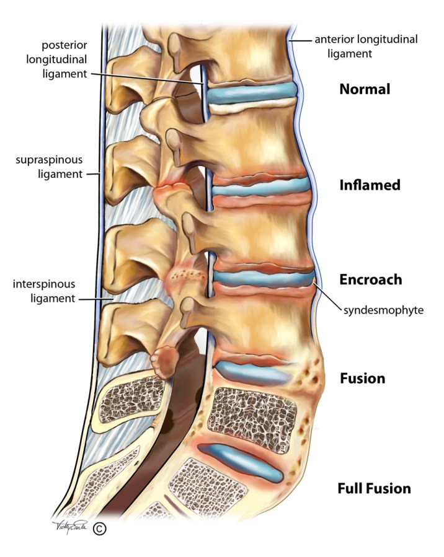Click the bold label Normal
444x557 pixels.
click(365, 89)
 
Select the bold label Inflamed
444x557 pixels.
click(370, 185)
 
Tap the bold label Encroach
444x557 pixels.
click(371, 279)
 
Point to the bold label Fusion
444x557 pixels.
click(363, 377)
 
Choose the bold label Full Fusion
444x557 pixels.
click(374, 488)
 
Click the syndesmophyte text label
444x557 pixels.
click(383, 309)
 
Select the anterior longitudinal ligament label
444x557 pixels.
click(366, 46)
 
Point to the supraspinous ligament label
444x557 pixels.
click(49, 167)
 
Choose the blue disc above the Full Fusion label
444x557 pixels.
click(244, 462)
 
